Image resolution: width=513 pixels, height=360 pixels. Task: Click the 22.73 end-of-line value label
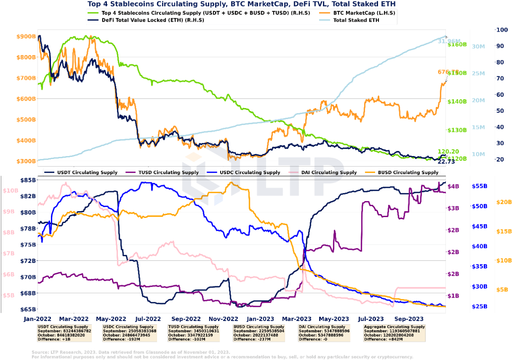pos(446,162)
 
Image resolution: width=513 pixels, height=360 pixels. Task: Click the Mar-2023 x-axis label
pos(297,318)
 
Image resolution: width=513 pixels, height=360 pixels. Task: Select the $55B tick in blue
pos(479,186)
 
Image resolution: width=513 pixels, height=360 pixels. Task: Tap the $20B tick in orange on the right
pos(504,202)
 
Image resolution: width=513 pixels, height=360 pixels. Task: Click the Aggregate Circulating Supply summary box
pos(395,333)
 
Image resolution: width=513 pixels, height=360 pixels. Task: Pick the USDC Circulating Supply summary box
pos(129,333)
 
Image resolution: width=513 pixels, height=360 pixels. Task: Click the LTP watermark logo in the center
pos(263,178)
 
